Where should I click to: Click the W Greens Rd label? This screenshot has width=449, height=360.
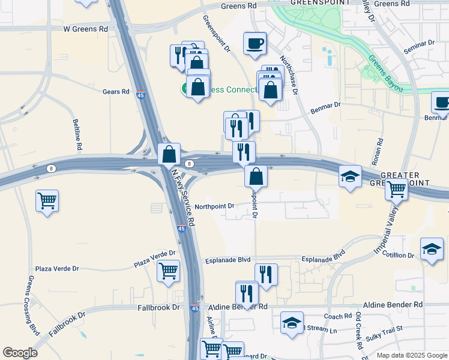(86, 28)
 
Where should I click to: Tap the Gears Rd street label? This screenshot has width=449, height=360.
(116, 92)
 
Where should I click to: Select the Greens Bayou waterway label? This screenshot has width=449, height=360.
(385, 72)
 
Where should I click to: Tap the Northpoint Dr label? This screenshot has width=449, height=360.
(214, 206)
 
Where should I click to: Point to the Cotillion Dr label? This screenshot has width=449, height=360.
(399, 255)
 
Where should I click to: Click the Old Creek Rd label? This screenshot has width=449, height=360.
(358, 331)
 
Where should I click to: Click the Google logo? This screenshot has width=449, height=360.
(20, 353)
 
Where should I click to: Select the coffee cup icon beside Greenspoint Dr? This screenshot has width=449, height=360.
(254, 43)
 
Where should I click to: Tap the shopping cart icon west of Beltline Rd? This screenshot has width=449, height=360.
(47, 200)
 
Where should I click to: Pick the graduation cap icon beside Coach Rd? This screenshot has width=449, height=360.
(292, 323)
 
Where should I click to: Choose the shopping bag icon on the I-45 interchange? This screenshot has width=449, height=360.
(169, 154)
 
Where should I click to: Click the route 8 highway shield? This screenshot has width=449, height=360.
(190, 164)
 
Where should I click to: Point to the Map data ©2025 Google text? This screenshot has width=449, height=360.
(411, 355)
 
